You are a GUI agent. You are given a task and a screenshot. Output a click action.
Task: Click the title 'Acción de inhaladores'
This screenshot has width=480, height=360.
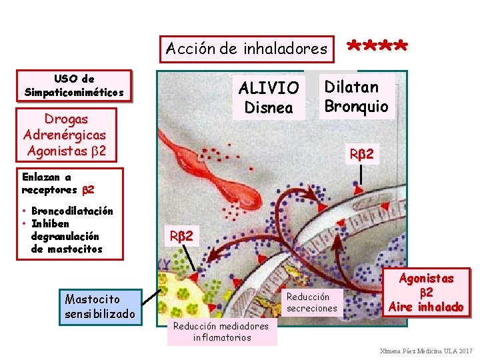[247, 49]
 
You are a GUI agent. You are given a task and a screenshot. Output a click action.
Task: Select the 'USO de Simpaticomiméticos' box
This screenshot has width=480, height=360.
[74, 85]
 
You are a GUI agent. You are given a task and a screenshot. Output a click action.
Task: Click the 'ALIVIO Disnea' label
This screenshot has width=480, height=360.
[269, 97]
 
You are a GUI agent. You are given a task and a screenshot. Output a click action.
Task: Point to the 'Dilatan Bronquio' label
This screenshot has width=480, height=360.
[356, 97]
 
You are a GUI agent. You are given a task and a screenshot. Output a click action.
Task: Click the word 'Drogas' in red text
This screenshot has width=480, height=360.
[66, 119]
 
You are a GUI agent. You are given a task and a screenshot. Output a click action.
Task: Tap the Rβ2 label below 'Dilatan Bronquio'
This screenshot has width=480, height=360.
[362, 155]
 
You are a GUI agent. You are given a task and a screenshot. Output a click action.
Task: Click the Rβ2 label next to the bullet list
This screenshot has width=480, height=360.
[181, 236]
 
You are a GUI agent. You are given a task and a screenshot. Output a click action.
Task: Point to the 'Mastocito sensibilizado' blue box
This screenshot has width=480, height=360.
[99, 307]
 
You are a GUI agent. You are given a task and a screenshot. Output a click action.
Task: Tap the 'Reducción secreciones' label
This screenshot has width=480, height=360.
[312, 302]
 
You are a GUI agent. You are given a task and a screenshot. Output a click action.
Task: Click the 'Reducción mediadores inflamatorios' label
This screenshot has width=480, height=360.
[221, 331]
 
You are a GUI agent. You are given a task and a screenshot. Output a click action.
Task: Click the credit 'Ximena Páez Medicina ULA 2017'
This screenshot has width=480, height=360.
[425, 351]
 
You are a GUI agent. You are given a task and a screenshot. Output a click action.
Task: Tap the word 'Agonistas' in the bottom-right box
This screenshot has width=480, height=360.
[427, 278]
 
